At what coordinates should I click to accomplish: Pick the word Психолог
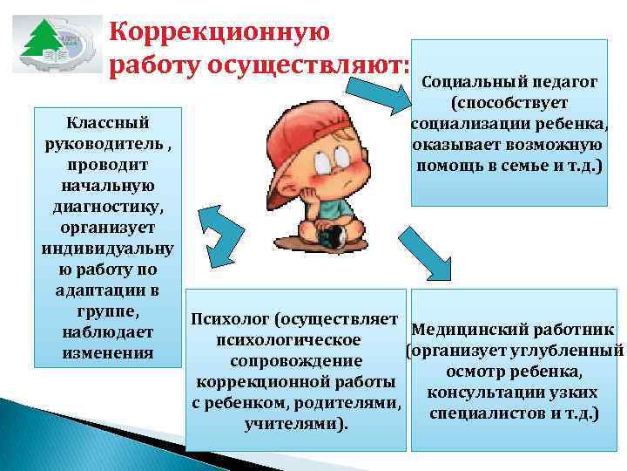233,318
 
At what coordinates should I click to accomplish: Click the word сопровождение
296,360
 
